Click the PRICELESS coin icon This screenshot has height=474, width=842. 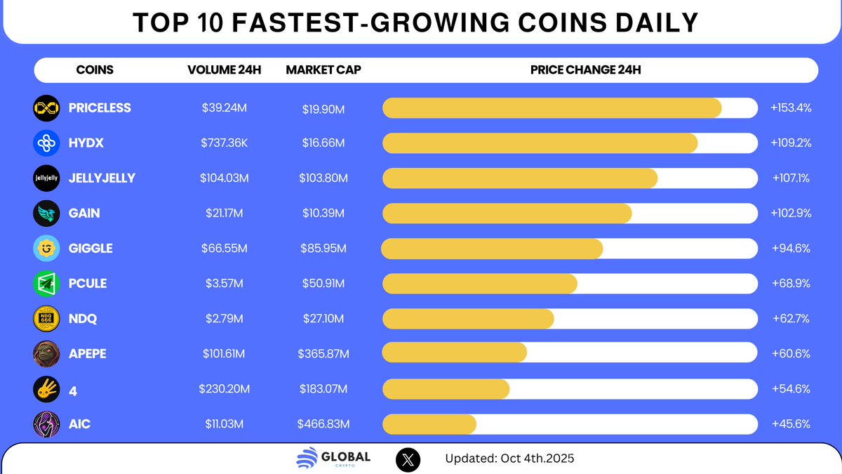(46, 108)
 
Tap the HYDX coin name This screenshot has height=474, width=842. (86, 143)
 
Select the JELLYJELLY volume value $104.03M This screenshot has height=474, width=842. (224, 178)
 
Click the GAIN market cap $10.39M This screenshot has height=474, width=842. (321, 213)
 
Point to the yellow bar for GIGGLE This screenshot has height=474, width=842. (492, 249)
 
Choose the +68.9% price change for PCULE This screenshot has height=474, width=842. (791, 284)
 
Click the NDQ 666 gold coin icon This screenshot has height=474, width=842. (46, 319)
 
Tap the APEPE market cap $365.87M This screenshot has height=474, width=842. (323, 354)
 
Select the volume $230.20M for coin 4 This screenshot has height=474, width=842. (224, 389)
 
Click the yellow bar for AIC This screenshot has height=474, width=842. (429, 424)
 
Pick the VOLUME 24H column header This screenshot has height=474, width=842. (224, 70)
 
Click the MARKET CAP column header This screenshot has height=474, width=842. (323, 70)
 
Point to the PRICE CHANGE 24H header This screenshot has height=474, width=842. (585, 70)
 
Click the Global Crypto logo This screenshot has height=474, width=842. (333, 459)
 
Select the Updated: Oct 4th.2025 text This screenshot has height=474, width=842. (509, 459)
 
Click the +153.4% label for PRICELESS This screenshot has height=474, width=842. (791, 108)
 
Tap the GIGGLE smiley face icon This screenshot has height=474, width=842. (46, 249)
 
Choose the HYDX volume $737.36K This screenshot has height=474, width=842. (224, 143)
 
